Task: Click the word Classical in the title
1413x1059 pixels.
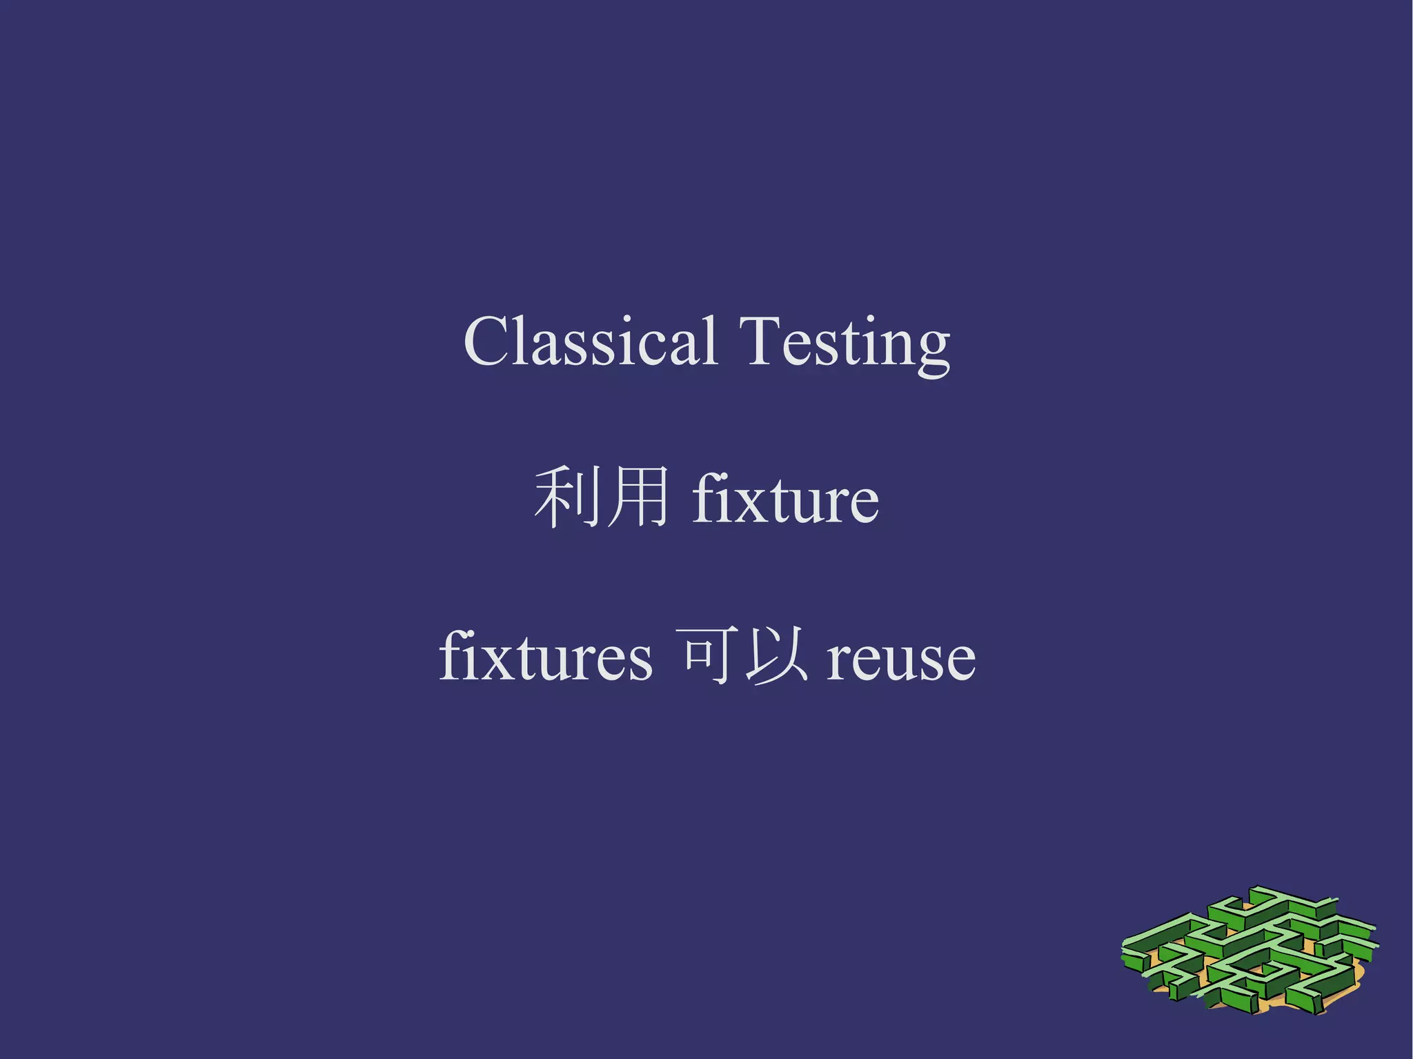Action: (591, 342)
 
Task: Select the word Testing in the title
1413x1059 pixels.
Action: (844, 343)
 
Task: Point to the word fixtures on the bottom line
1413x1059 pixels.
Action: (545, 657)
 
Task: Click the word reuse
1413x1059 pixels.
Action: (901, 659)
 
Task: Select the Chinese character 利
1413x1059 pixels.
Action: (564, 497)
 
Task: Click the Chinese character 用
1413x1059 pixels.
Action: (637, 497)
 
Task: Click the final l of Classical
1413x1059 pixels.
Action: (711, 339)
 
